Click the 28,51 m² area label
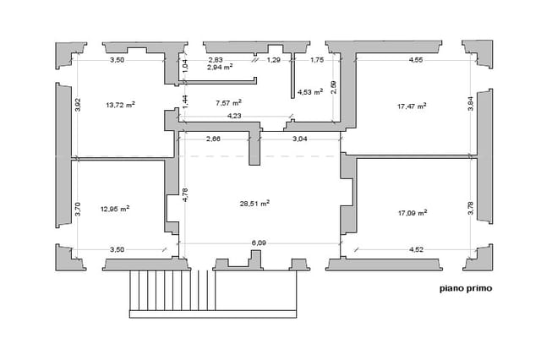point(254,204)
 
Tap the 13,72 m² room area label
point(120,105)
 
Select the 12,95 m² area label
point(115,209)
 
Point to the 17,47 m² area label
point(412,106)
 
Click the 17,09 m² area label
point(413,213)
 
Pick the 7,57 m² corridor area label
point(228,103)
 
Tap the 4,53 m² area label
point(310,92)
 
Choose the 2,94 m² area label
point(220,67)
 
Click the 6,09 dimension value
point(259,243)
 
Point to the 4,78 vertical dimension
point(185,194)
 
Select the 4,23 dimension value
point(234,116)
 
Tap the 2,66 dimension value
point(213,139)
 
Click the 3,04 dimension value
point(300,139)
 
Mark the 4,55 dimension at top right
point(416,60)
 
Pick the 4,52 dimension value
point(416,249)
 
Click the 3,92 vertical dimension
point(78,105)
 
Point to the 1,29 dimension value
point(274,60)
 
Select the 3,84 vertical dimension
point(471,103)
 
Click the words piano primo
point(466,288)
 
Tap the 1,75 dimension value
point(317,60)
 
